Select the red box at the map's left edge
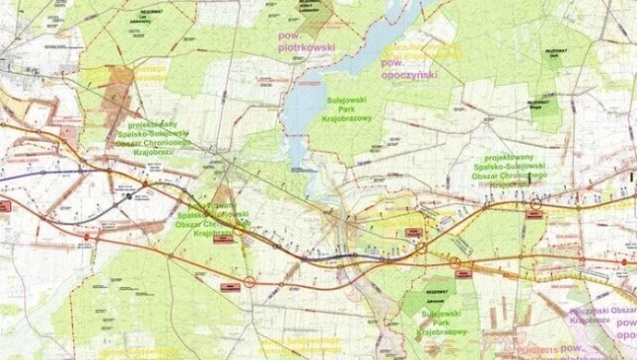(5, 206)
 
